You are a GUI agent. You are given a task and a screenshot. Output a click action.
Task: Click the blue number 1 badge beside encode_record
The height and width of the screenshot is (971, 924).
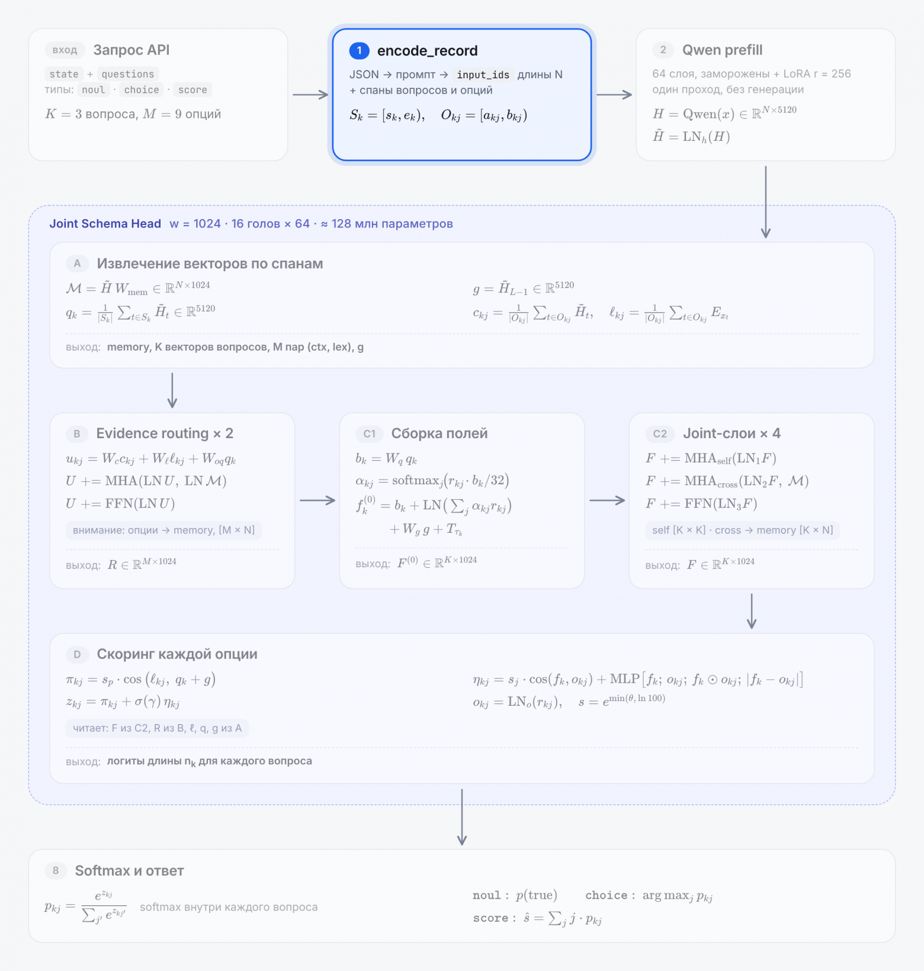[x=359, y=51]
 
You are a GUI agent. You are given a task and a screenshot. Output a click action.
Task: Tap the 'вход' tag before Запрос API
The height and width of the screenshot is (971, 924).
[x=65, y=50]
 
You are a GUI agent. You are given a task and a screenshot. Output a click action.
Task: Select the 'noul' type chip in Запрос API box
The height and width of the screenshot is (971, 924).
[x=94, y=90]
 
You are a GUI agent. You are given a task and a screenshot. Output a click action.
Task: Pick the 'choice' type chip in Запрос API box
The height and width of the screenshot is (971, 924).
[x=142, y=90]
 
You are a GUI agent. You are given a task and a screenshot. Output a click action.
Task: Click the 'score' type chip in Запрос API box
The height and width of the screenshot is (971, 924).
[x=192, y=90]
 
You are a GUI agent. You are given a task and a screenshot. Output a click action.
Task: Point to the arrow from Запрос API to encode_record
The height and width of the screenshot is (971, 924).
[x=310, y=95]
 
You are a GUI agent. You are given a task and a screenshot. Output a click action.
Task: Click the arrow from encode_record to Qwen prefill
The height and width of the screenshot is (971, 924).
[x=614, y=95]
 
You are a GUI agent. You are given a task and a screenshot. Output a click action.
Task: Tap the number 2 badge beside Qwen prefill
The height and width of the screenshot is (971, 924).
[x=663, y=50]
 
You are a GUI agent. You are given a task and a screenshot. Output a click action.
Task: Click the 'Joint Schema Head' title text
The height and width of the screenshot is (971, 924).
[x=105, y=224]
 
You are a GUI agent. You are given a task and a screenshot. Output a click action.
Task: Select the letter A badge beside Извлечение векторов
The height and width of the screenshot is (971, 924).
[x=77, y=263]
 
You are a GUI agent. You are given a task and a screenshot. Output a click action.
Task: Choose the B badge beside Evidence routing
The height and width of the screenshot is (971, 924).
[x=77, y=433]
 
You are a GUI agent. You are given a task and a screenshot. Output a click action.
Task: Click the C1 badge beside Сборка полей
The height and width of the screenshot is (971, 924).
[x=369, y=433]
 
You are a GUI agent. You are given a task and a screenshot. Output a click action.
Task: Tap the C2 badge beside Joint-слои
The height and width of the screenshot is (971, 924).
[x=660, y=433]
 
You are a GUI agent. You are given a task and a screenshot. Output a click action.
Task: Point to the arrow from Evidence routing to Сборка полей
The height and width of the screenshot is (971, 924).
[x=317, y=500]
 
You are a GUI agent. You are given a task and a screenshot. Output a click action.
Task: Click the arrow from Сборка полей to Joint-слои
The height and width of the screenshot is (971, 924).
[x=607, y=500]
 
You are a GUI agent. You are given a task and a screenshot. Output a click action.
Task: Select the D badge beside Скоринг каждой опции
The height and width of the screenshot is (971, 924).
[x=77, y=654]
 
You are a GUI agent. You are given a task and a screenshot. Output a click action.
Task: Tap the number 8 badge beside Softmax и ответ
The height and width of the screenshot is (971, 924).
[x=56, y=870]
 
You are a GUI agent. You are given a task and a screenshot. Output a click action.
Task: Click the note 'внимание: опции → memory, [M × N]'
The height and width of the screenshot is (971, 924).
[x=164, y=530]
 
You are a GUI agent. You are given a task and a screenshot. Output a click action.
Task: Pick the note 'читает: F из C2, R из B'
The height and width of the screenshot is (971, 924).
[x=158, y=728]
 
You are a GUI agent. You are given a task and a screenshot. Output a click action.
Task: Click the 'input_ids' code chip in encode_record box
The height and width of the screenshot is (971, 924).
[x=483, y=75]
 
